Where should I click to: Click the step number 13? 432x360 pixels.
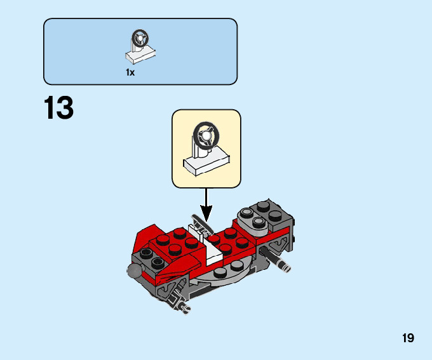[58, 108]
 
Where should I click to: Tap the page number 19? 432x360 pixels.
[408, 338]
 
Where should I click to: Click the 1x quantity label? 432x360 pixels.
[130, 72]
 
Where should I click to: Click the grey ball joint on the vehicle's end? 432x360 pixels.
[134, 272]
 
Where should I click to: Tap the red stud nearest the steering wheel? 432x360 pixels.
[215, 240]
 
